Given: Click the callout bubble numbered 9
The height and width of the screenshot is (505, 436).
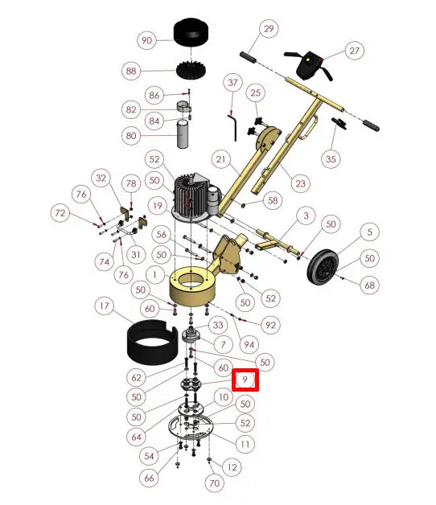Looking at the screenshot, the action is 245,380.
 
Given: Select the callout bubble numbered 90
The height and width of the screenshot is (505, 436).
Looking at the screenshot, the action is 146,40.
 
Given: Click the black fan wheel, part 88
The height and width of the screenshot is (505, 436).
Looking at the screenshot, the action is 191,70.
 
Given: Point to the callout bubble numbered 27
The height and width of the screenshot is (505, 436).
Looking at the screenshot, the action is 355,50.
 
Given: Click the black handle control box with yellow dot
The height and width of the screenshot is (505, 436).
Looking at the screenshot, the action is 308,65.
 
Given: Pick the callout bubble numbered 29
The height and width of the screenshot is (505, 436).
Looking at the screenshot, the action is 269,29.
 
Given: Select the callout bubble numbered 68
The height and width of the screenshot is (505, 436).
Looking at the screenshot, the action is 369,285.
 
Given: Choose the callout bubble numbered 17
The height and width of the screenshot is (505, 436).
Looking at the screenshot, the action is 105,306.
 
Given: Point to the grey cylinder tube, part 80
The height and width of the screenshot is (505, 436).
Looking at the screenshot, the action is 183,134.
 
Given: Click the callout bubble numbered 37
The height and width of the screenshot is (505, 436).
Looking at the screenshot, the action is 232,83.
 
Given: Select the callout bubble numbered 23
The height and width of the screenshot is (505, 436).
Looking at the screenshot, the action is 300,183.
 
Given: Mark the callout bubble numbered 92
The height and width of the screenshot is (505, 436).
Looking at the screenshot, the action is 270,325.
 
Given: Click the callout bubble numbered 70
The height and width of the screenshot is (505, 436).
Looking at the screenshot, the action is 214,482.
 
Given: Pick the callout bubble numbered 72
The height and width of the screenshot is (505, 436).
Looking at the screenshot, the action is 60,213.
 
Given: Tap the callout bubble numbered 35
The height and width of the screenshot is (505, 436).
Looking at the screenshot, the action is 331,158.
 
